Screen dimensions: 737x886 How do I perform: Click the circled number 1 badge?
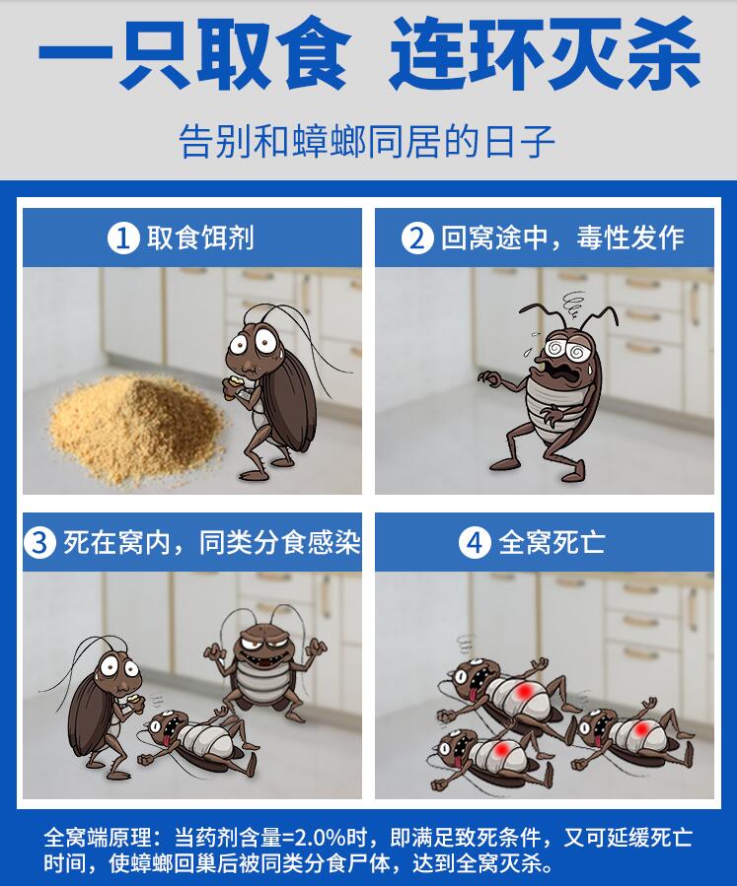[123, 238]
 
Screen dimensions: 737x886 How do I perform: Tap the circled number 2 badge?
[417, 238]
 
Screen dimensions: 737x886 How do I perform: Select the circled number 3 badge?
[39, 543]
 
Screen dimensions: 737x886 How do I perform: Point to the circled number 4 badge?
[474, 543]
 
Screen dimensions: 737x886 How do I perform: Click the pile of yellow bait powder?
[136, 428]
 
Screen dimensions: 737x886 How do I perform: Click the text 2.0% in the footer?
[321, 837]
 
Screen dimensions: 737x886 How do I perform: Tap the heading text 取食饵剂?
[201, 238]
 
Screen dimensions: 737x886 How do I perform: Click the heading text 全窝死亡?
[552, 543]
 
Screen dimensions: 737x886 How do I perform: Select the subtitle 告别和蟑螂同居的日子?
[367, 141]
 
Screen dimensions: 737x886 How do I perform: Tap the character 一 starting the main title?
[75, 55]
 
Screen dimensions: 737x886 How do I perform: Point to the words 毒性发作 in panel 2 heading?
[630, 238]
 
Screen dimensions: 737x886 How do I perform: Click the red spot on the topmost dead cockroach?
[525, 690]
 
